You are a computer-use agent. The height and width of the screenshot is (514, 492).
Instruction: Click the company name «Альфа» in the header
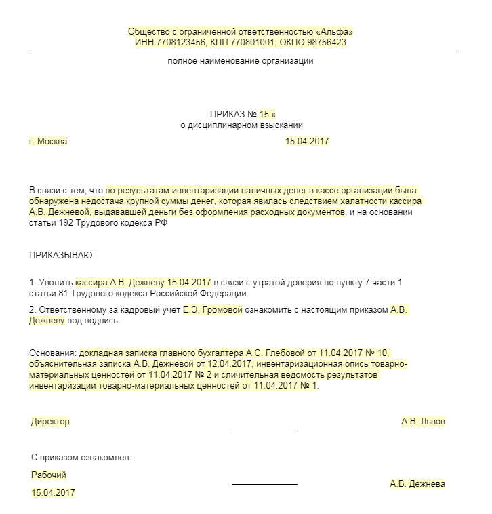pyautogui.click(x=337, y=32)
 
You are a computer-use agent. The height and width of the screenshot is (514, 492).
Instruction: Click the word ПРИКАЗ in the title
pyautogui.click(x=227, y=114)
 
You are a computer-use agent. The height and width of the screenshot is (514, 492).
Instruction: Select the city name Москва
pyautogui.click(x=52, y=142)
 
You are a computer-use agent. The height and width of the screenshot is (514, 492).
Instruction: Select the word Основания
pyautogui.click(x=52, y=353)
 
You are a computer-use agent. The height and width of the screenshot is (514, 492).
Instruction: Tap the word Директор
pyautogui.click(x=50, y=421)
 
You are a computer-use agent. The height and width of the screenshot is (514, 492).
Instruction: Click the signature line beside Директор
pyautogui.click(x=264, y=429)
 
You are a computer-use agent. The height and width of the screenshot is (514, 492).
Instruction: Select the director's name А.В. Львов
pyautogui.click(x=424, y=421)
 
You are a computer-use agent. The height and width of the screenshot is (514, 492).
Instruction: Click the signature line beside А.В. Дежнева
pyautogui.click(x=264, y=483)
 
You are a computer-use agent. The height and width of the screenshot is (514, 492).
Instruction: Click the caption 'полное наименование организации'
pyautogui.click(x=241, y=61)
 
